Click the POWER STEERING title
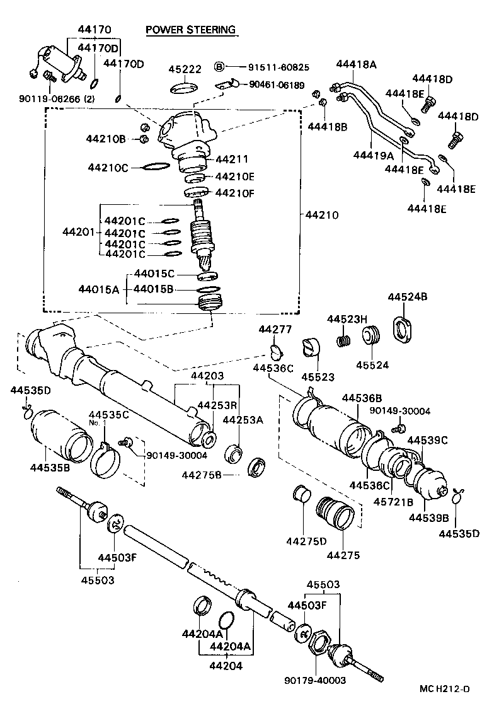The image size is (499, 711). click(190, 30)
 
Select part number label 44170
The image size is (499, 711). click(95, 29)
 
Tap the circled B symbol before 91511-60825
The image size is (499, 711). click(219, 66)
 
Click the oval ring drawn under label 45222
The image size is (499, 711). click(185, 88)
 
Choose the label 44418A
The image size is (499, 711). click(356, 64)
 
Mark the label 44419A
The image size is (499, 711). click(374, 155)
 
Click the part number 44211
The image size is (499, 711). click(232, 159)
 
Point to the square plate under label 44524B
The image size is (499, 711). click(401, 328)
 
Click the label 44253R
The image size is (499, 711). click(217, 405)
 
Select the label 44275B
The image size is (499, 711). click(202, 474)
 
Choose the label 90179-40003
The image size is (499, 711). click(314, 680)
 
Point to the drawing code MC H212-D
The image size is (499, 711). click(444, 689)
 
